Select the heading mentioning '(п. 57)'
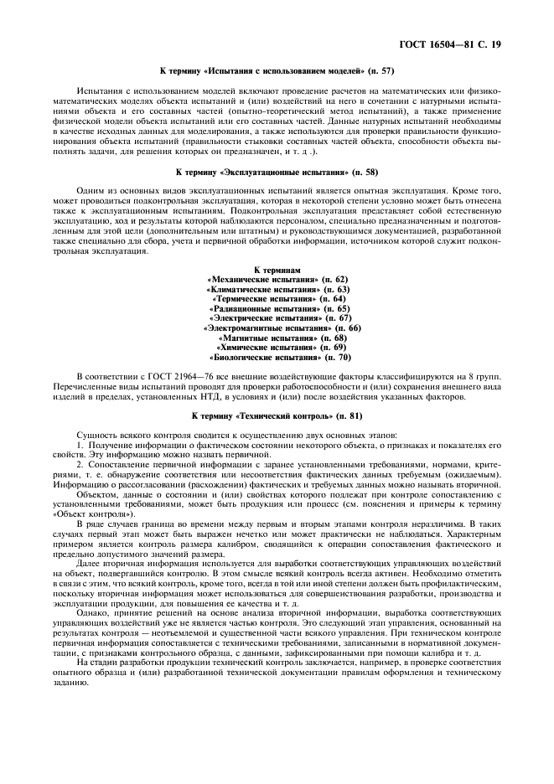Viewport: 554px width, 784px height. pyautogui.click(x=277, y=70)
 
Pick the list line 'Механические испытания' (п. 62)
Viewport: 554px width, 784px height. pyautogui.click(x=277, y=279)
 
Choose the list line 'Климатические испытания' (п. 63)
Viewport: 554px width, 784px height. pyautogui.click(x=277, y=289)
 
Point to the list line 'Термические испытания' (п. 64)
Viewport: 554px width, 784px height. pyautogui.click(x=277, y=299)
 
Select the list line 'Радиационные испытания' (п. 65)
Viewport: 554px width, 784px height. pyautogui.click(x=277, y=309)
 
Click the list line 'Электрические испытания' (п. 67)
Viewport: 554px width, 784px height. pyautogui.click(x=277, y=319)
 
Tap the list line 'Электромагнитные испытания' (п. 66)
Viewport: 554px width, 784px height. pyautogui.click(x=277, y=328)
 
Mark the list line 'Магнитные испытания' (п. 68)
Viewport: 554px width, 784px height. pyautogui.click(x=277, y=338)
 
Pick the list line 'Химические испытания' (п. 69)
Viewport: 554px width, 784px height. pyautogui.click(x=277, y=348)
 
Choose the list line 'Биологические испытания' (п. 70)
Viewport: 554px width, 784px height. pyautogui.click(x=277, y=358)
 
